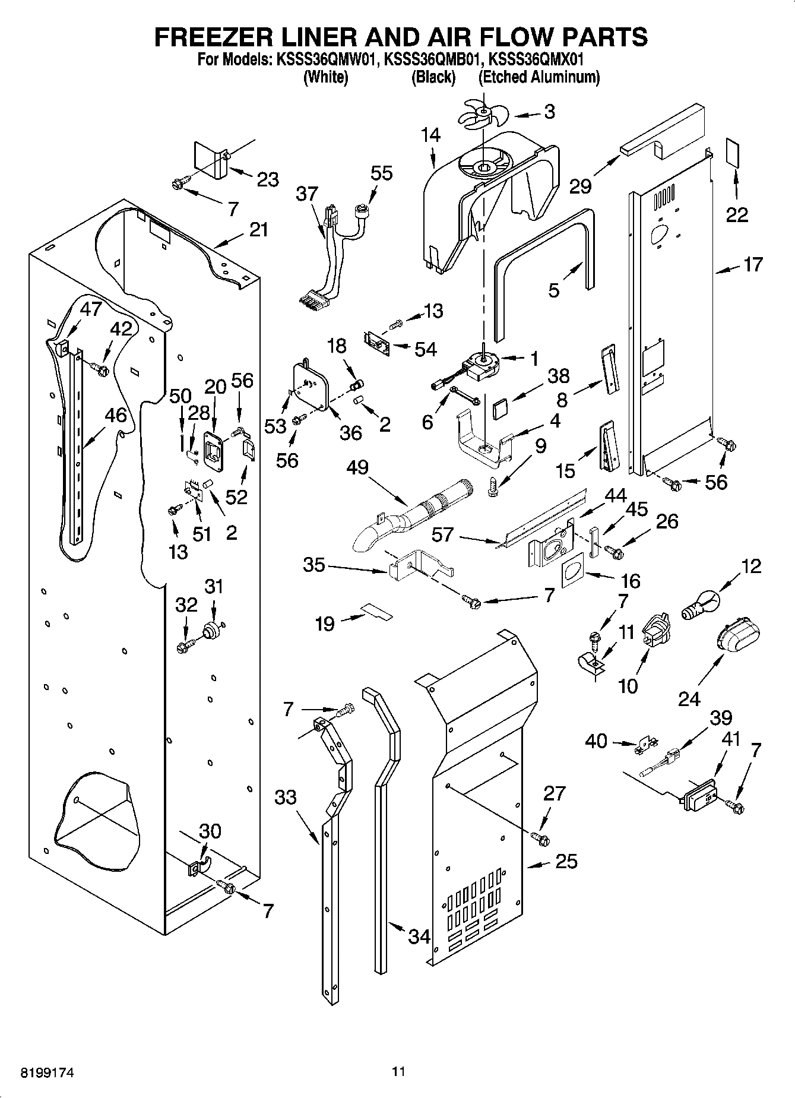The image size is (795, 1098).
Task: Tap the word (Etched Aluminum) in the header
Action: pyautogui.click(x=539, y=77)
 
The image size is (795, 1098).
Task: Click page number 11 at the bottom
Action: pyautogui.click(x=398, y=1072)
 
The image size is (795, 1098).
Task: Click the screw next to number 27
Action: pyautogui.click(x=540, y=838)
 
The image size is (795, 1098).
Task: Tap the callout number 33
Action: pyautogui.click(x=286, y=797)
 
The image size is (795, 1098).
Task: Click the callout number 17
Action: pyautogui.click(x=752, y=264)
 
